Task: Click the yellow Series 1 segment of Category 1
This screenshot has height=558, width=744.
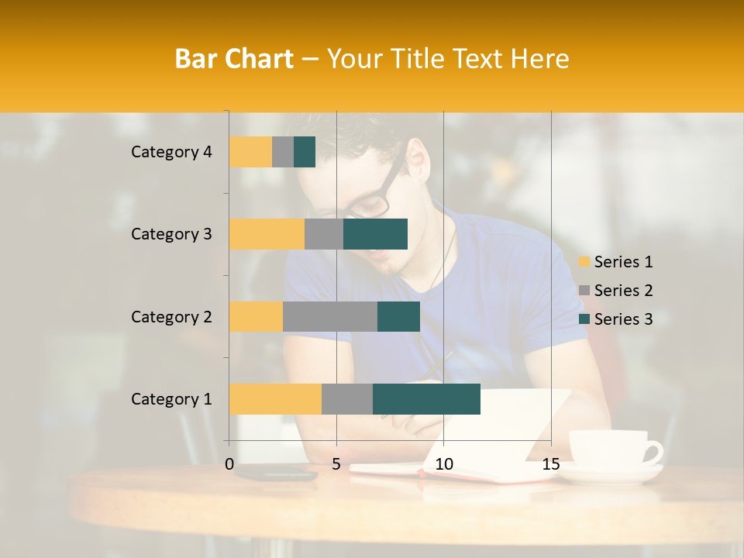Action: (x=275, y=398)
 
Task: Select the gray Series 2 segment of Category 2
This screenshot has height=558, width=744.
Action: (x=329, y=316)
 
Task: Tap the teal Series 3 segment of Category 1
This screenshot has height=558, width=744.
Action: (x=426, y=398)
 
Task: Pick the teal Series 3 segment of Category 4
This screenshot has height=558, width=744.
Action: (x=305, y=152)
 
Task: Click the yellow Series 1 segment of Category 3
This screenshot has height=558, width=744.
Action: (x=267, y=234)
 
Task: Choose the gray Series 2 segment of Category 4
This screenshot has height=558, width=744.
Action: (x=283, y=152)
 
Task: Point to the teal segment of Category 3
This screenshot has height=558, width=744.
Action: (x=375, y=234)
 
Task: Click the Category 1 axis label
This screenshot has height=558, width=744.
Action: (x=171, y=399)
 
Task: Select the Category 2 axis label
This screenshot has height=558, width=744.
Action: (x=171, y=316)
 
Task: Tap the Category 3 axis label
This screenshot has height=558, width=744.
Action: (x=171, y=234)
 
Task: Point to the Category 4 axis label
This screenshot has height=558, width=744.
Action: (x=171, y=152)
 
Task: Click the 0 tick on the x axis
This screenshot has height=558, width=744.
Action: (x=229, y=464)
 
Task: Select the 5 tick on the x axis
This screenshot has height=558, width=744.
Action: (x=336, y=464)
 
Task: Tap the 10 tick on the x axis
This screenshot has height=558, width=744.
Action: (x=443, y=464)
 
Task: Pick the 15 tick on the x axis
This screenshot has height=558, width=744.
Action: (x=550, y=464)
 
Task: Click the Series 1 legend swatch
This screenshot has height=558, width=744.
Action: (x=584, y=262)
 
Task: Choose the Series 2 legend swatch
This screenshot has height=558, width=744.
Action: (x=584, y=291)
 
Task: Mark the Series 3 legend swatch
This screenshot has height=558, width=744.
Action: (x=584, y=319)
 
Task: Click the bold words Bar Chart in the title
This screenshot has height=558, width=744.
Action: (x=234, y=59)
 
